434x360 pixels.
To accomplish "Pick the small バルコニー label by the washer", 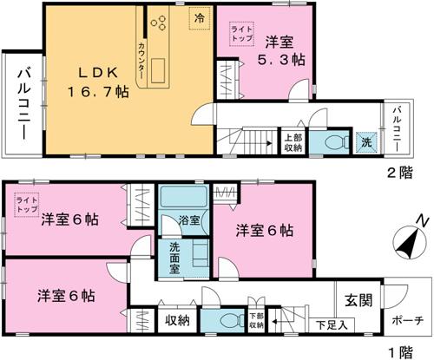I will (x=396, y=128).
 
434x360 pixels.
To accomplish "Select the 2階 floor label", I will (x=401, y=170).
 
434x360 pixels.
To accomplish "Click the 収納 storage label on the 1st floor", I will (x=178, y=320).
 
